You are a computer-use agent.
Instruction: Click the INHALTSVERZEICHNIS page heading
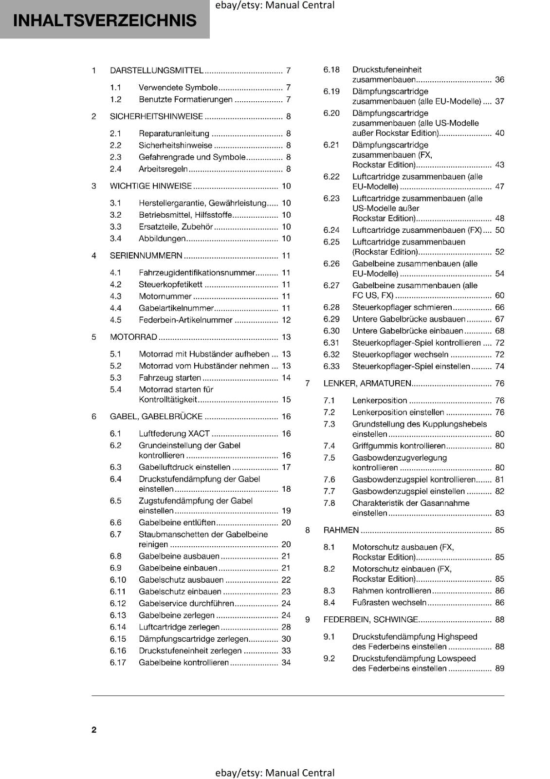[x=105, y=20]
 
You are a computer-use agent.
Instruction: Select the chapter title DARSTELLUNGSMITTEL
[x=156, y=71]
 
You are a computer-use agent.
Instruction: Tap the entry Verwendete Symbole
[x=178, y=88]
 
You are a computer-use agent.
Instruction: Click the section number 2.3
[x=115, y=157]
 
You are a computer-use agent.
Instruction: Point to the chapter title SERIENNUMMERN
[x=146, y=256]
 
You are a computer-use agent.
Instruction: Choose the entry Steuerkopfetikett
[x=170, y=284]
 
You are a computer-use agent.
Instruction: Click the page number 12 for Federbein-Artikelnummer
[x=286, y=320]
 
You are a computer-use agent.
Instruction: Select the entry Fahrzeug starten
[x=170, y=378]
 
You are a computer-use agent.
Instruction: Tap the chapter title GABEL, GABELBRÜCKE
[x=156, y=417]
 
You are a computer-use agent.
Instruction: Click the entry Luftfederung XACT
[x=174, y=434]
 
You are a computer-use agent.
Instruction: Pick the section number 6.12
[x=118, y=604]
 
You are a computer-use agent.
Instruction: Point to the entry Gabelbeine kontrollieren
[x=183, y=663]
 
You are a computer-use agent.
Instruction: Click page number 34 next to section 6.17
[x=286, y=663]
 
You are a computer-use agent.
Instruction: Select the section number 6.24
[x=331, y=230]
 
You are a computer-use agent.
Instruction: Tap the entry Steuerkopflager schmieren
[x=402, y=308]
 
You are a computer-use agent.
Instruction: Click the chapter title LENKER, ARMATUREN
[x=367, y=384]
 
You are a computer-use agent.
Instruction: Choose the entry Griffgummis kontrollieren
[x=399, y=446]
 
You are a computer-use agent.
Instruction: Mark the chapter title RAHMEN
[x=341, y=530]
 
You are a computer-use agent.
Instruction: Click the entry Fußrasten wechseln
[x=389, y=603]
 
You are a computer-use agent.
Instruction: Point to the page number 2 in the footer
[x=94, y=730]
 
